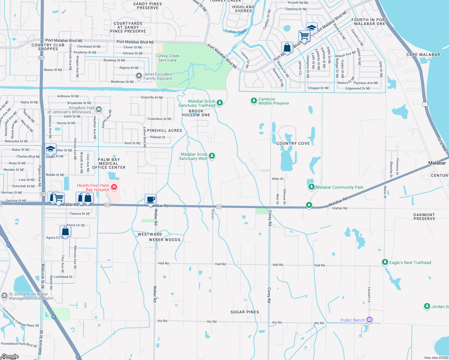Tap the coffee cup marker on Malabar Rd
151,199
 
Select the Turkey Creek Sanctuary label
167,58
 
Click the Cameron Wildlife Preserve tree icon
254,101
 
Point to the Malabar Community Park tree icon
312,187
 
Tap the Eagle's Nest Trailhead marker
385,262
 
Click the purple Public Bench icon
369,320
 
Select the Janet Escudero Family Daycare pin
139,76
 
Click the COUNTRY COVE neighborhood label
293,143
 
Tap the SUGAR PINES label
245,312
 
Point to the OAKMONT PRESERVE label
424,217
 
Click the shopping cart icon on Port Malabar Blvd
304,36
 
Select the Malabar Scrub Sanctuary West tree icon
212,156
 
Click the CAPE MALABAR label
423,55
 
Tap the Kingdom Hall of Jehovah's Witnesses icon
99,109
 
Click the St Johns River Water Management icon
4,296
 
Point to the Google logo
10,356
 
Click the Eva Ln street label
213,214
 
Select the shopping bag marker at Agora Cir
65,231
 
